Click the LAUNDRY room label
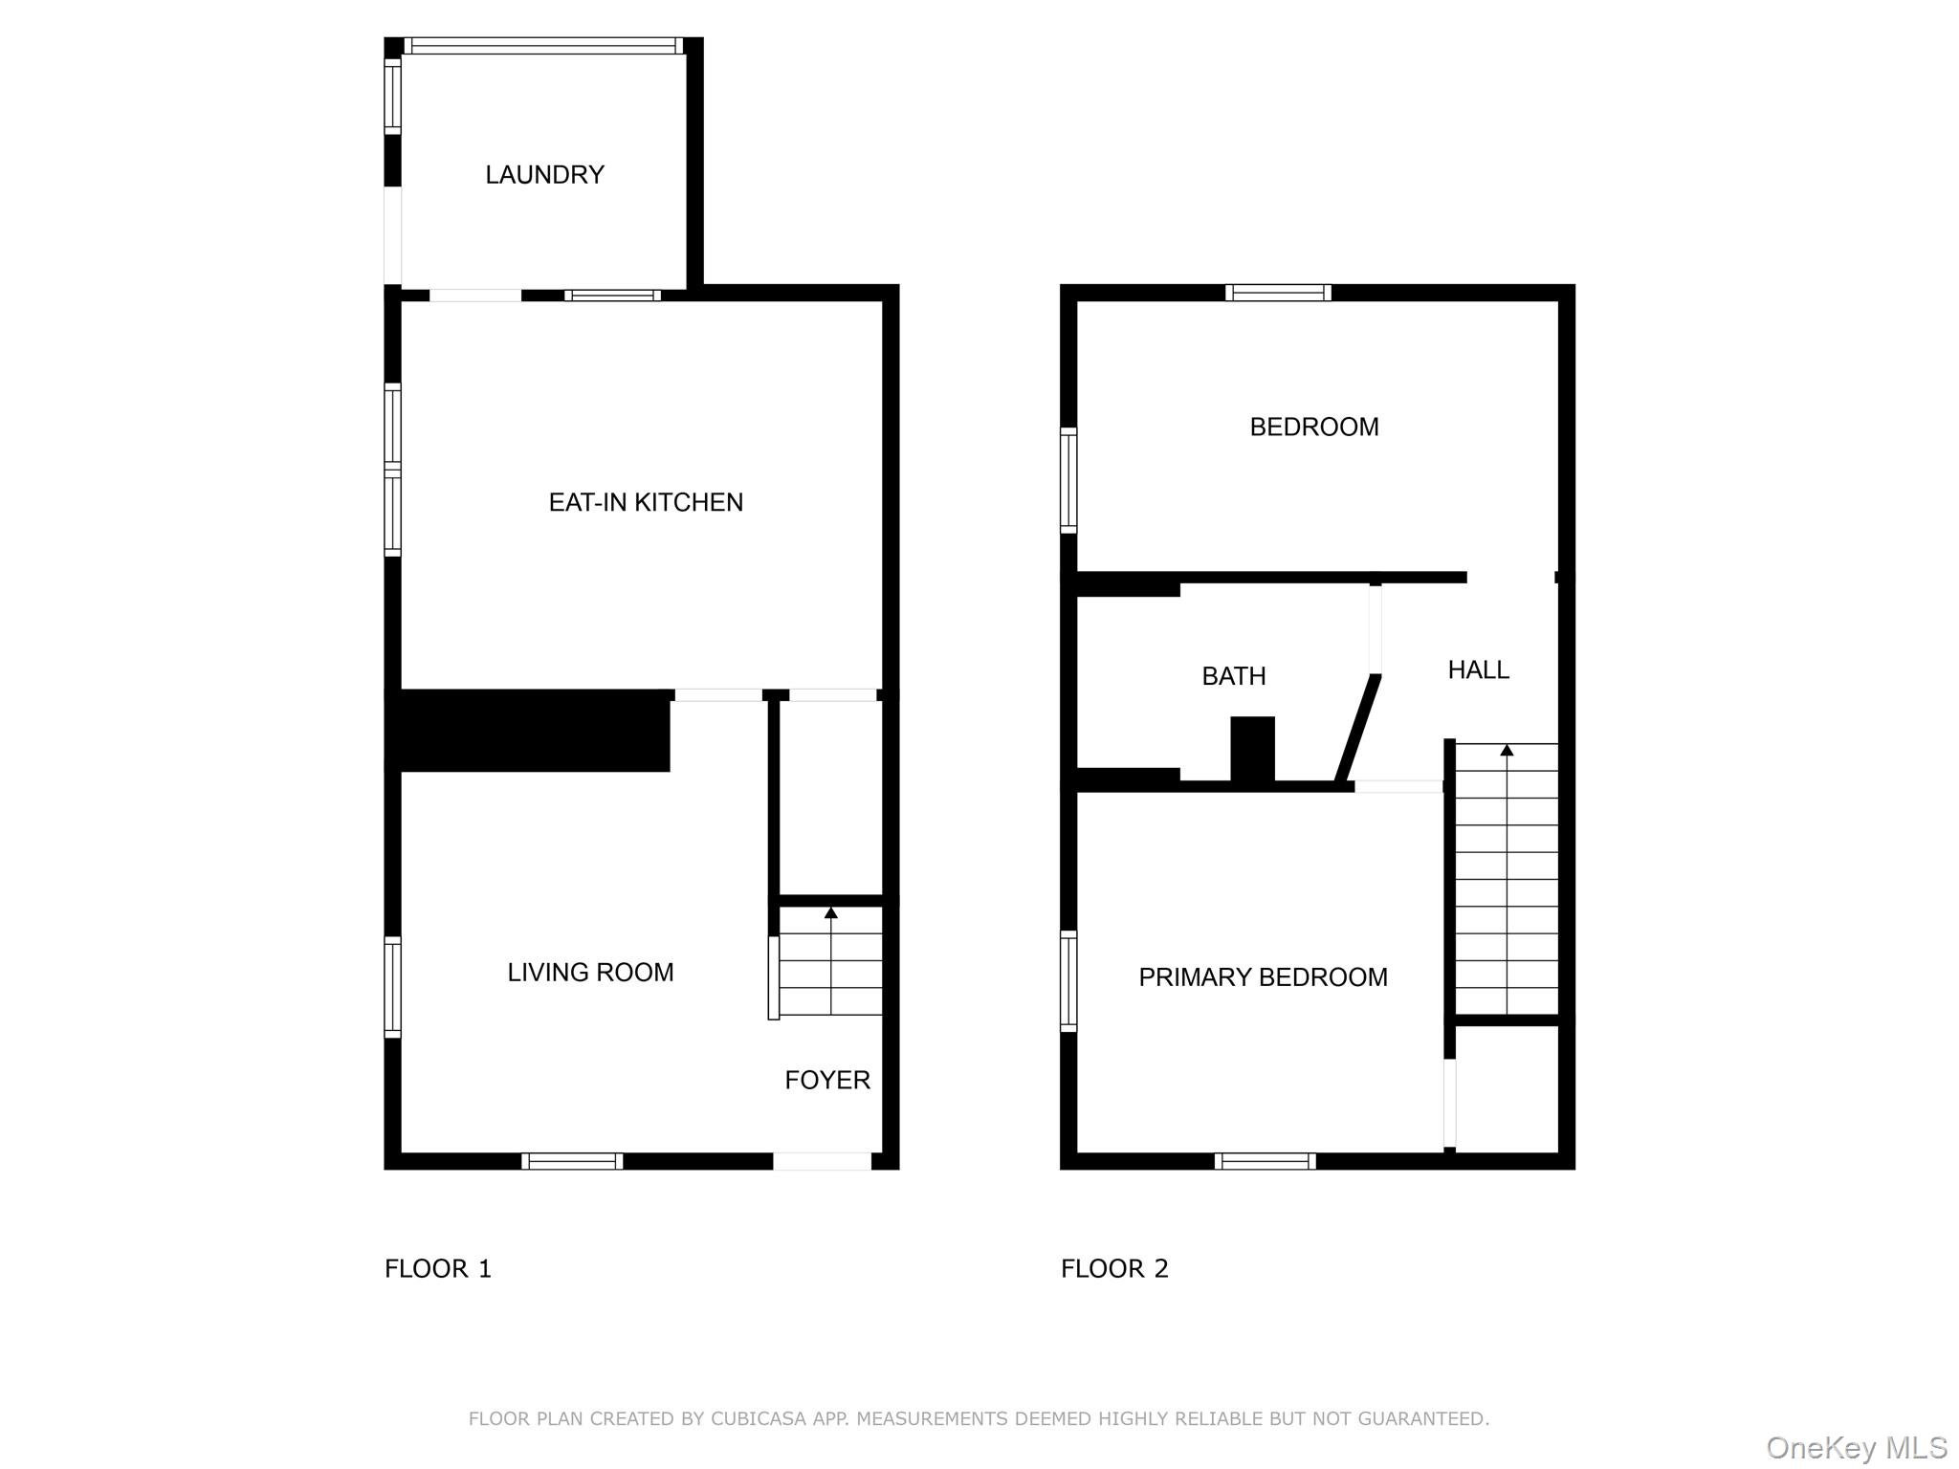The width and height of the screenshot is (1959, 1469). pyautogui.click(x=544, y=175)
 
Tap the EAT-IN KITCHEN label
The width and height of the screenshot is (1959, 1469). pyautogui.click(x=646, y=502)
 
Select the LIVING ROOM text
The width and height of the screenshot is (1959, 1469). pyautogui.click(x=590, y=973)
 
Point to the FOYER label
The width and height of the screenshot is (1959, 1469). pyautogui.click(x=827, y=1080)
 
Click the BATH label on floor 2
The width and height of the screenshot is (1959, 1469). pyautogui.click(x=1234, y=676)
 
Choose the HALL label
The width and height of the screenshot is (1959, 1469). pyautogui.click(x=1478, y=670)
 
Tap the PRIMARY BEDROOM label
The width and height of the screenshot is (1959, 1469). pyautogui.click(x=1263, y=977)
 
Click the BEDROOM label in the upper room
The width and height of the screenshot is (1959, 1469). pyautogui.click(x=1314, y=427)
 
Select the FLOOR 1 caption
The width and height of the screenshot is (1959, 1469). pyautogui.click(x=438, y=1269)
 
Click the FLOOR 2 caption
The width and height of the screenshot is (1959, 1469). pyautogui.click(x=1114, y=1269)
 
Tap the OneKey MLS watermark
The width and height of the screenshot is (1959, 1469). pyautogui.click(x=1857, y=1448)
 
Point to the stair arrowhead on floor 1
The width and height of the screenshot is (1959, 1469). pyautogui.click(x=831, y=913)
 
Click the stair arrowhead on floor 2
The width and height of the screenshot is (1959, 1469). pyautogui.click(x=1507, y=750)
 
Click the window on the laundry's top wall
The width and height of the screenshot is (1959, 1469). pyautogui.click(x=543, y=45)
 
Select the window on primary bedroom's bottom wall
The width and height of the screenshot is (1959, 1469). pyautogui.click(x=1265, y=1161)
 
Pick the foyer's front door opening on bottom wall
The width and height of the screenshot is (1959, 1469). pyautogui.click(x=822, y=1161)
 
